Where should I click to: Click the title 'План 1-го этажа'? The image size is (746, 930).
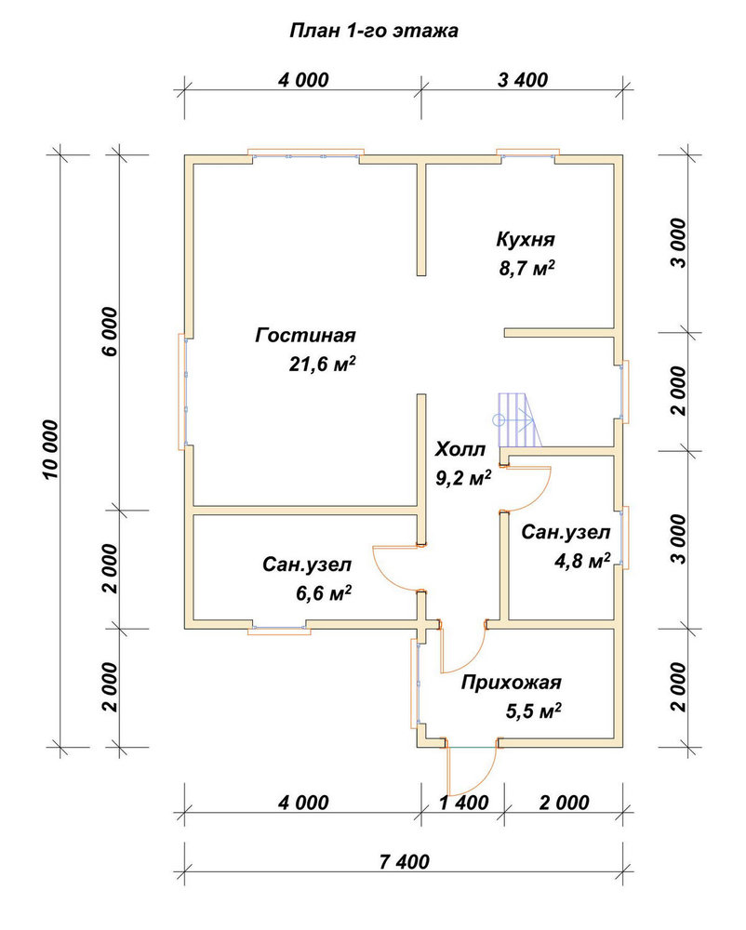coord(374,31)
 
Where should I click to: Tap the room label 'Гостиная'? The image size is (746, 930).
coord(305,336)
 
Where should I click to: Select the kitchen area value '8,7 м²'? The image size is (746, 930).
coord(527,268)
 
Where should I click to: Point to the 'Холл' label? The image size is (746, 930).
coord(460,449)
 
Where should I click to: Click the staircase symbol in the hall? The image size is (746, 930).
coord(517,420)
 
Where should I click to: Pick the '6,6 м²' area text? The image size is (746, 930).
coord(323,592)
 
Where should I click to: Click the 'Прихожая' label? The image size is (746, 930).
coord(512,684)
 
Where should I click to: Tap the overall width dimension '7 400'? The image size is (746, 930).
coord(404,861)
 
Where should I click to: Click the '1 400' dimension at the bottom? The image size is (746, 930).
coord(464,803)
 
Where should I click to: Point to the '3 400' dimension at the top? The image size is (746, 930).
coord(523,79)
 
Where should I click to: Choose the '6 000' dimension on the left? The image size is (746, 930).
coord(111,332)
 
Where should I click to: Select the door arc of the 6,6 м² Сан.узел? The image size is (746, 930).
coord(382,571)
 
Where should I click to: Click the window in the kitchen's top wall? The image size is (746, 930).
coord(527,153)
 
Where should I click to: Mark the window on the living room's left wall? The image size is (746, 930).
coord(183,392)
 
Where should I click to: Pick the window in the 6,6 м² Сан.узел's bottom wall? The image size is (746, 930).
coord(279,630)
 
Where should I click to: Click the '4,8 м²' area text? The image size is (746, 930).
coord(582,561)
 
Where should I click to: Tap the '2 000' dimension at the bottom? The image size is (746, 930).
coord(565,803)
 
